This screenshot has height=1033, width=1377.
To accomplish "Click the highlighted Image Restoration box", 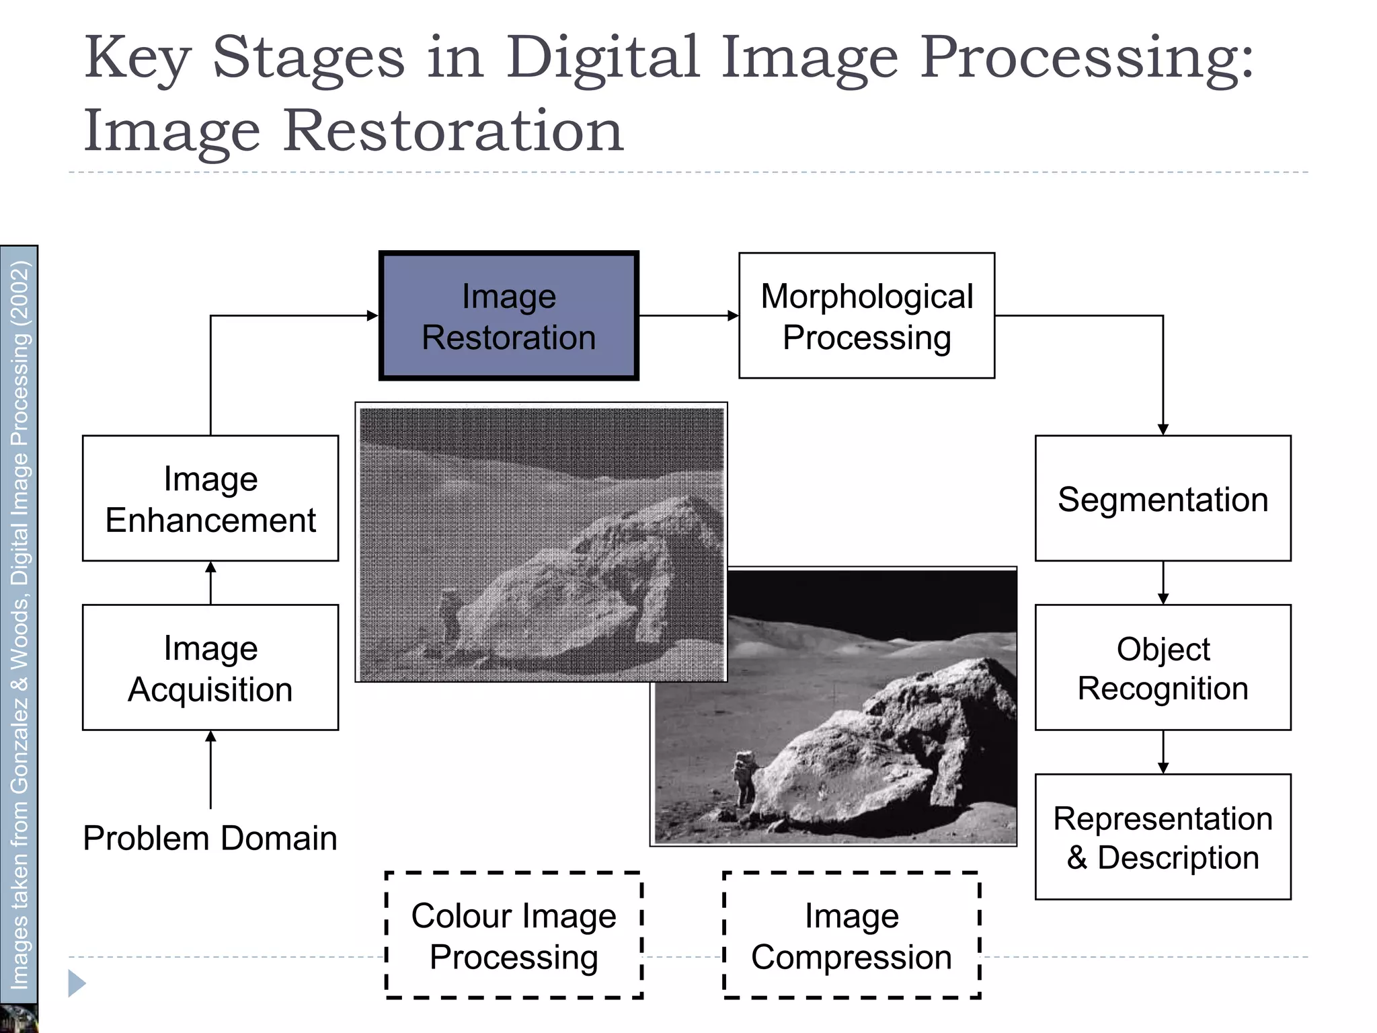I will [508, 316].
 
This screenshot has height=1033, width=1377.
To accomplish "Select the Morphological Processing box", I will [866, 316].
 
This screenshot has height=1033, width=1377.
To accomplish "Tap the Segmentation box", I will [1163, 498].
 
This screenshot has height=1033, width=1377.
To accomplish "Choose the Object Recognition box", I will [1163, 667].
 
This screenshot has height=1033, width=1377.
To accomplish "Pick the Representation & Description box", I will [1163, 837].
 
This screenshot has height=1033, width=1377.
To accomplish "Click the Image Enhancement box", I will [210, 498].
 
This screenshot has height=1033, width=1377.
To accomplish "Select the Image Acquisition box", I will [210, 667].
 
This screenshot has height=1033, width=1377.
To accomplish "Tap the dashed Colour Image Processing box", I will [514, 935].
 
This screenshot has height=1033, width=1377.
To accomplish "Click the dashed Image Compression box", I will [851, 935].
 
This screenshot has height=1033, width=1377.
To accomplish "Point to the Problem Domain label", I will [210, 838].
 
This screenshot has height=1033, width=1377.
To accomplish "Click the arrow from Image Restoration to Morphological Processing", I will [688, 315].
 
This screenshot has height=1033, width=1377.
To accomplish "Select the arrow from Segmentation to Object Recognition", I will [1163, 583].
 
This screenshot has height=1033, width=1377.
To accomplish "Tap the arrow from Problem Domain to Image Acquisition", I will [210, 769].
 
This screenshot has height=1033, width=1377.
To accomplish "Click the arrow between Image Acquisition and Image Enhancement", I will [210, 583].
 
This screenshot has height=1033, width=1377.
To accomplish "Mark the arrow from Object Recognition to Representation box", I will [1163, 753].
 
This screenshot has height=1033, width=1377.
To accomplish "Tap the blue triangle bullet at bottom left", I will [77, 983].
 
